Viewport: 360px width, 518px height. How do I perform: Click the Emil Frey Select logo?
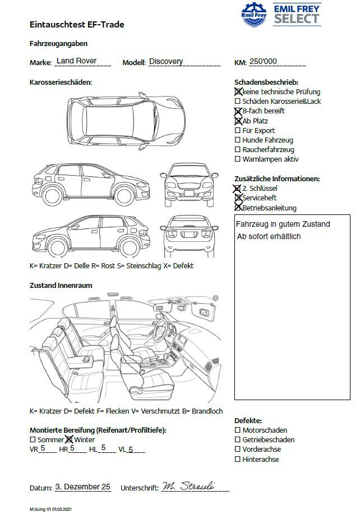point(281,14)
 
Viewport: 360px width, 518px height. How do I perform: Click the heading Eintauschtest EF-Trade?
point(77,25)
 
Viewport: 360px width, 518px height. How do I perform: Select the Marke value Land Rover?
point(77,61)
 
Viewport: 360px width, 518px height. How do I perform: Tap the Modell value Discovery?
point(166,62)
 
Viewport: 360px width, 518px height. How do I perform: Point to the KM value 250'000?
point(263,62)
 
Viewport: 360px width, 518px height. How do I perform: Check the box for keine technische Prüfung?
point(238,91)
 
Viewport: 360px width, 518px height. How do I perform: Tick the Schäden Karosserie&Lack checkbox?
point(238,102)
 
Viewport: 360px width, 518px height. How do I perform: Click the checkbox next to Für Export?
point(238,131)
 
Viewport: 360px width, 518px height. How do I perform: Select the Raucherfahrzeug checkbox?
point(238,150)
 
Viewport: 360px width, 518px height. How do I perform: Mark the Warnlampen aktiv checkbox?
point(238,159)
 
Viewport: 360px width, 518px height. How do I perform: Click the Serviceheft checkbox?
point(238,198)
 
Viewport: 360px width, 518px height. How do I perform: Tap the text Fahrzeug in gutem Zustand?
point(283,224)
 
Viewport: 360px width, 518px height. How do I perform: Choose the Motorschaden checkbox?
point(238,430)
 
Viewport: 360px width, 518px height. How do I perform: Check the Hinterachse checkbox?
point(238,460)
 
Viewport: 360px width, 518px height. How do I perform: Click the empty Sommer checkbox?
point(33,440)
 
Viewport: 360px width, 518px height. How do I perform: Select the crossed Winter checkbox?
point(70,440)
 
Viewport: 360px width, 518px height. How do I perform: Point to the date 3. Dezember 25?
point(83,487)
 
